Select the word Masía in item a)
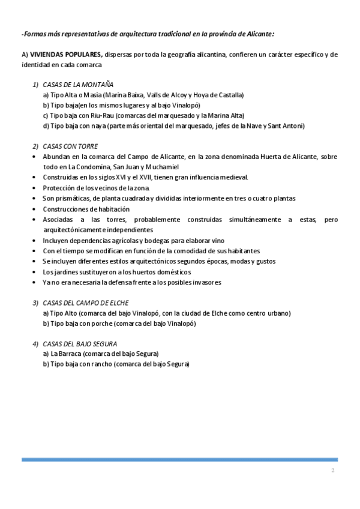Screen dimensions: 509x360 point(94,95)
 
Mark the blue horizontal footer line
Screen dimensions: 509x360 point(179,460)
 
